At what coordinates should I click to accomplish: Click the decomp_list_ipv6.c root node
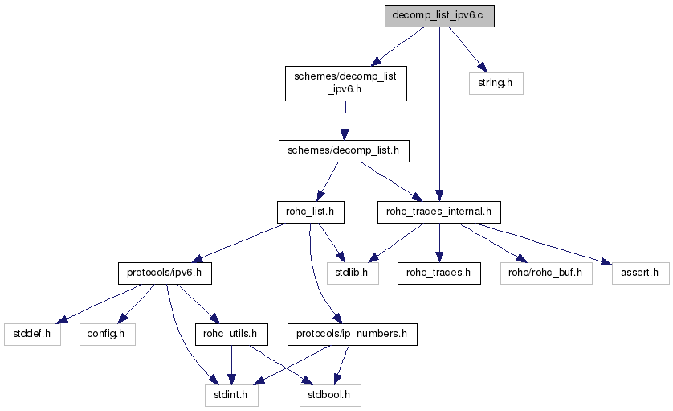(439, 16)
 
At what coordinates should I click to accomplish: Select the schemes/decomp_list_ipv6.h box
(345, 83)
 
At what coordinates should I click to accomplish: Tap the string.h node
(496, 83)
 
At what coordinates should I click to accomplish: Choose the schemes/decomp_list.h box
(344, 150)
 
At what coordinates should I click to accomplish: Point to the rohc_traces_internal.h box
(438, 212)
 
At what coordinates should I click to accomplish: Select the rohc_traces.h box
(438, 273)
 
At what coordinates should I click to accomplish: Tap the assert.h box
(640, 273)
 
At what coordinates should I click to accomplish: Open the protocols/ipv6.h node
(165, 273)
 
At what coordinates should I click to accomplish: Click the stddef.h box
(32, 333)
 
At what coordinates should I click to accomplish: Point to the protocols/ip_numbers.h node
(353, 333)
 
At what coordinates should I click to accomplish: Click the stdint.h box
(230, 395)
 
